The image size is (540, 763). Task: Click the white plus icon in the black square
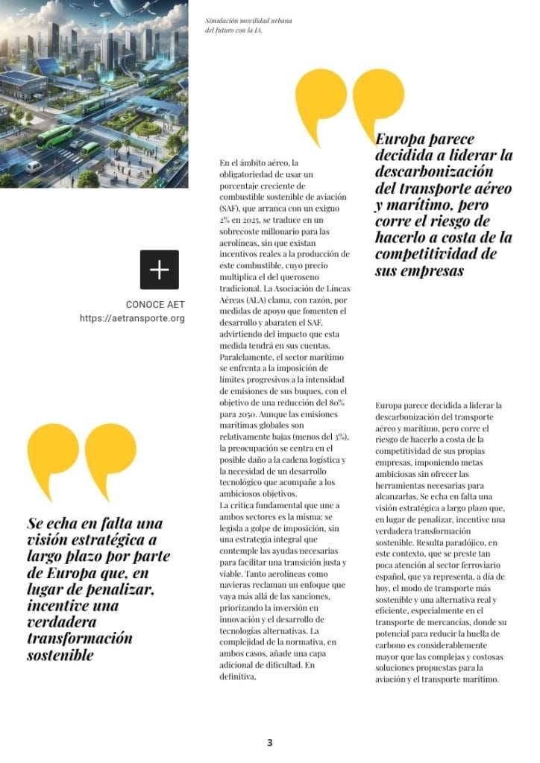(160, 270)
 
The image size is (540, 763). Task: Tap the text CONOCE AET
(155, 305)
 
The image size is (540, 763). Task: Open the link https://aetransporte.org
(132, 318)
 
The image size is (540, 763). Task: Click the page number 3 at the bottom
(270, 742)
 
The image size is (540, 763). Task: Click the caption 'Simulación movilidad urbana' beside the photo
(248, 21)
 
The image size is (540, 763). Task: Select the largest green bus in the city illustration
(51, 139)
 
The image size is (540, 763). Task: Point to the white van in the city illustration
(34, 167)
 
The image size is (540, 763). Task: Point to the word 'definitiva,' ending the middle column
(238, 677)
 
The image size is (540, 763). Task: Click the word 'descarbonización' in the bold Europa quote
(433, 172)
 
